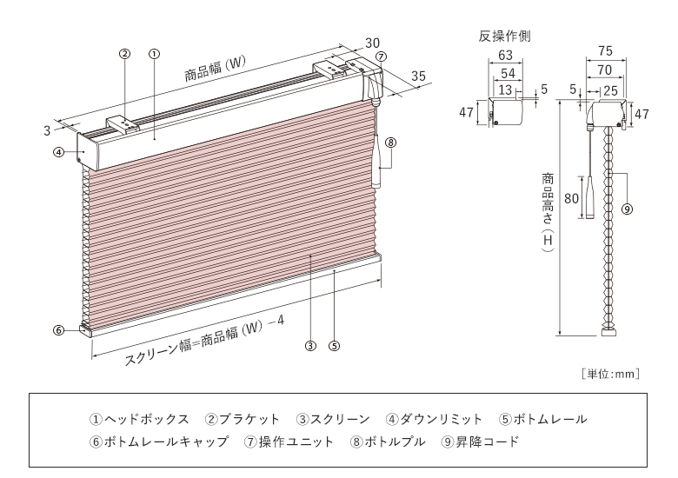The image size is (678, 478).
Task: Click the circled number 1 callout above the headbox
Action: tap(153, 53)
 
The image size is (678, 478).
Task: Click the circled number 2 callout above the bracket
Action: tap(124, 53)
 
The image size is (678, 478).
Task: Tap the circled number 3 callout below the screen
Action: tap(309, 345)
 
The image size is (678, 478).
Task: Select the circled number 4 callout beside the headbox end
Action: tap(57, 151)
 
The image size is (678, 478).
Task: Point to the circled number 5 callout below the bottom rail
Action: tap(335, 345)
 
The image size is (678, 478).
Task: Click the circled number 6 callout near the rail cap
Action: tap(57, 329)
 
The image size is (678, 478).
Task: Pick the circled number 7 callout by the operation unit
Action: tap(382, 56)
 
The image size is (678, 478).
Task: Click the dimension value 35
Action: tap(418, 76)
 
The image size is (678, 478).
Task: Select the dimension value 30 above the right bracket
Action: tap(372, 42)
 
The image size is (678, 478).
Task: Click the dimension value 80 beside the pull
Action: tap(571, 198)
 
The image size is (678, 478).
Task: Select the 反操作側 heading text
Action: tap(505, 37)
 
